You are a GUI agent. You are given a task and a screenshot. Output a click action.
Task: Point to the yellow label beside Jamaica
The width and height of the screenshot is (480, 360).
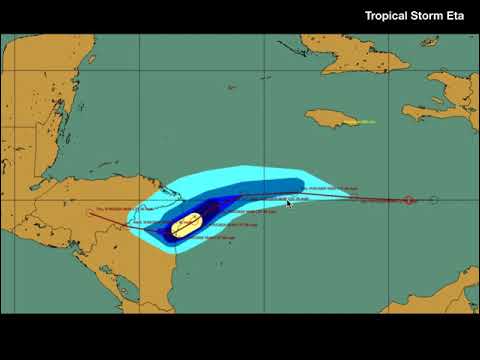364,122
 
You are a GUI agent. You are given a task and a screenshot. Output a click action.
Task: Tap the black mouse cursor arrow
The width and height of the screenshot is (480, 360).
290,204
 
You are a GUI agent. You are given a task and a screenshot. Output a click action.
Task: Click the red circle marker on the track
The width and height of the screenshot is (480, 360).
410,200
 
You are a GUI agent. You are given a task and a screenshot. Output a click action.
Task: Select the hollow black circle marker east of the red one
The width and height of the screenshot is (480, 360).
434,200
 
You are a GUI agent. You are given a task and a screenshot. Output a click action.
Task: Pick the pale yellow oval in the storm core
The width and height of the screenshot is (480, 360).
187,226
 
